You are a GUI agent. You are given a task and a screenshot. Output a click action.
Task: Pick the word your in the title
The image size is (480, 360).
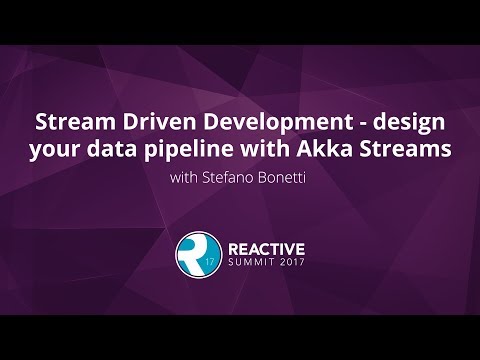(x=53, y=151)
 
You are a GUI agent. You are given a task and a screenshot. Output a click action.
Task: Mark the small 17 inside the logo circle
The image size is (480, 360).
(x=208, y=263)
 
